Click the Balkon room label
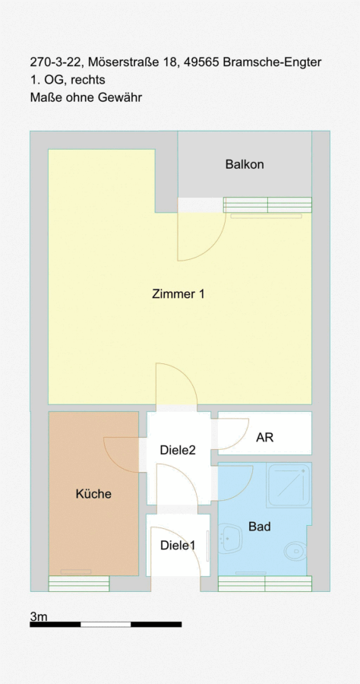coord(245,164)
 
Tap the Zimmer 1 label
coord(178,294)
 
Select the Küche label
coord(93,494)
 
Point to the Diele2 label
coord(178,450)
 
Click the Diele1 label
coord(178,545)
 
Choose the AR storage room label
coord(264,437)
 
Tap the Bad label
coord(259,527)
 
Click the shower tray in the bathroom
coord(289,485)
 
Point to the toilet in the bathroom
coord(297,550)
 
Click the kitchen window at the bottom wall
coord(79,584)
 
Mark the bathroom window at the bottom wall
coord(265,584)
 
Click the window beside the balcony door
coord(267,204)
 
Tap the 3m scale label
coord(38,616)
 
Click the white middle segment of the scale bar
coord(106,624)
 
